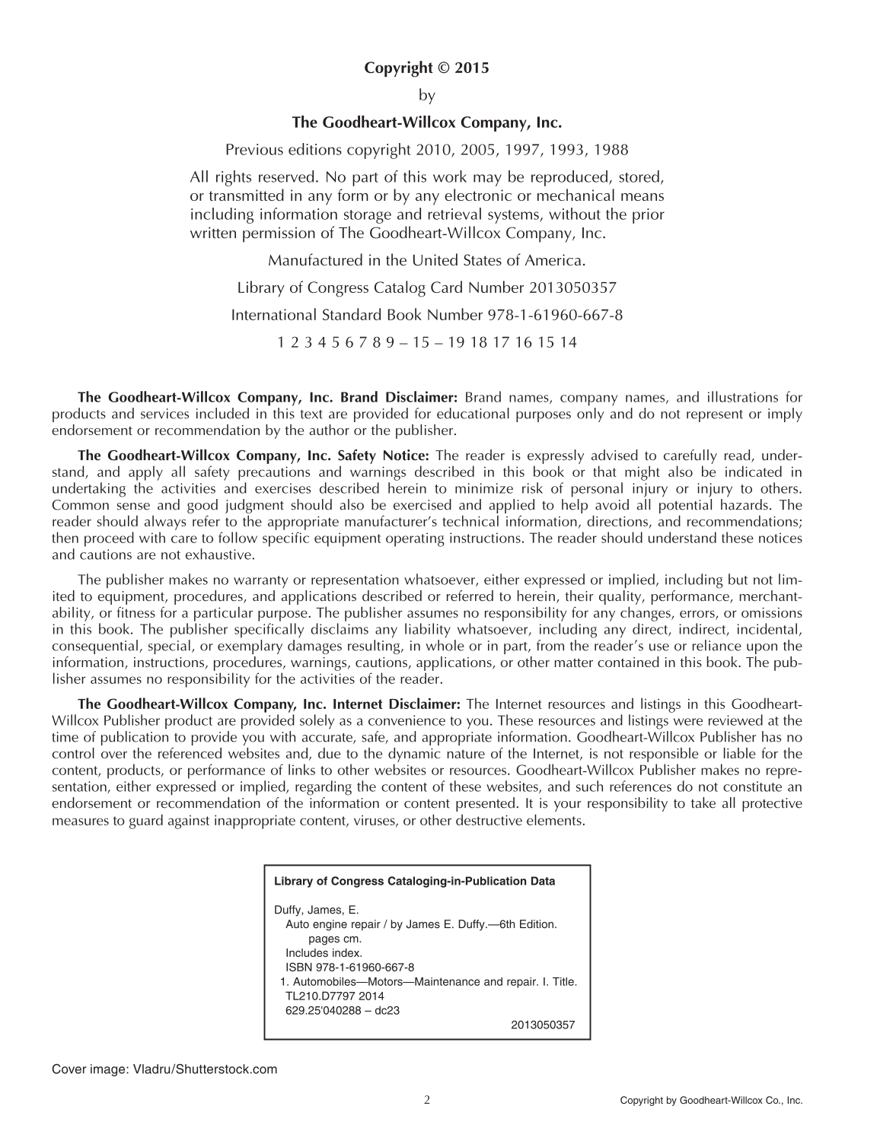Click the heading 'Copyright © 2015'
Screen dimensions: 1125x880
pyautogui.click(x=426, y=68)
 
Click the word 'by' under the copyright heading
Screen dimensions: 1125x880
pyautogui.click(x=426, y=96)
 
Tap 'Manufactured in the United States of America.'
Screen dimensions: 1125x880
pyautogui.click(x=426, y=260)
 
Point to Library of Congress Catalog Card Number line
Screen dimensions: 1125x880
pyautogui.click(x=426, y=288)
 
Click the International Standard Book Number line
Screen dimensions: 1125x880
pyautogui.click(x=426, y=315)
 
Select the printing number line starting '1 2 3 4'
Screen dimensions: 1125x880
pyautogui.click(x=426, y=342)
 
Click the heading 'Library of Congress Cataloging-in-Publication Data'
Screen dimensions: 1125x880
pyautogui.click(x=414, y=882)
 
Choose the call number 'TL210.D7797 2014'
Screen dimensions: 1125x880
pyautogui.click(x=334, y=996)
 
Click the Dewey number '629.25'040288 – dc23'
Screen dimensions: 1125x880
pyautogui.click(x=343, y=1010)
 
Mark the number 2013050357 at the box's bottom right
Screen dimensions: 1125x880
pyautogui.click(x=543, y=1025)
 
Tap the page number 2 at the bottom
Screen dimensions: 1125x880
pyautogui.click(x=427, y=1099)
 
